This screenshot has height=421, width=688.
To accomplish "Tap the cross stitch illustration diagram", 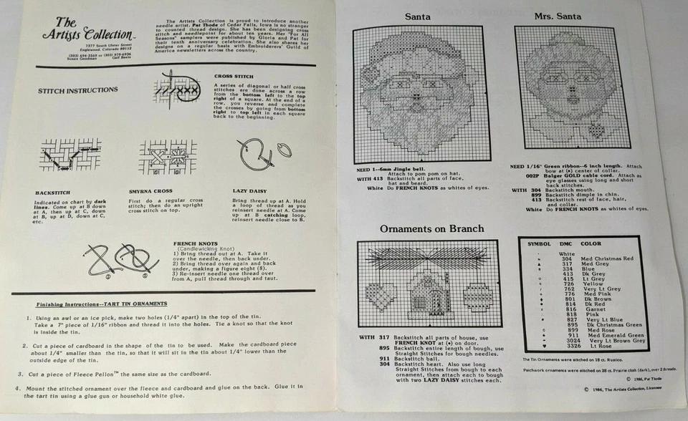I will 176,91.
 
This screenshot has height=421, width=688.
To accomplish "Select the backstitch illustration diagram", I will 65,155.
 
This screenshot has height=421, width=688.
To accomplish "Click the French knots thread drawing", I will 118,258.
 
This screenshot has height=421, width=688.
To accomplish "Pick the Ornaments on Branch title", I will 421,229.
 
